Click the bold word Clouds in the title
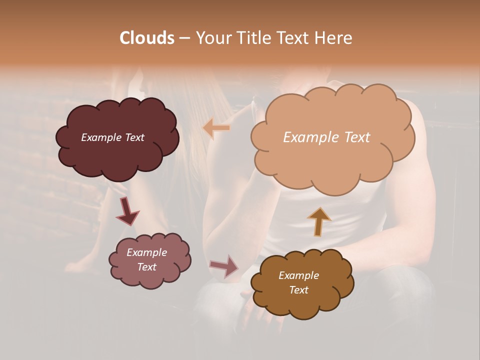point(146,38)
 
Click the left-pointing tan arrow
point(216,128)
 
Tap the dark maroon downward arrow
point(127,211)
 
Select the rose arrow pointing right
point(224,265)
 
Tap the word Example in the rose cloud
point(146,252)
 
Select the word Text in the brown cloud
point(298,290)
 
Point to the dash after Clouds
point(184,38)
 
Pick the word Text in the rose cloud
point(146,267)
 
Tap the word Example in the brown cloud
point(298,275)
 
